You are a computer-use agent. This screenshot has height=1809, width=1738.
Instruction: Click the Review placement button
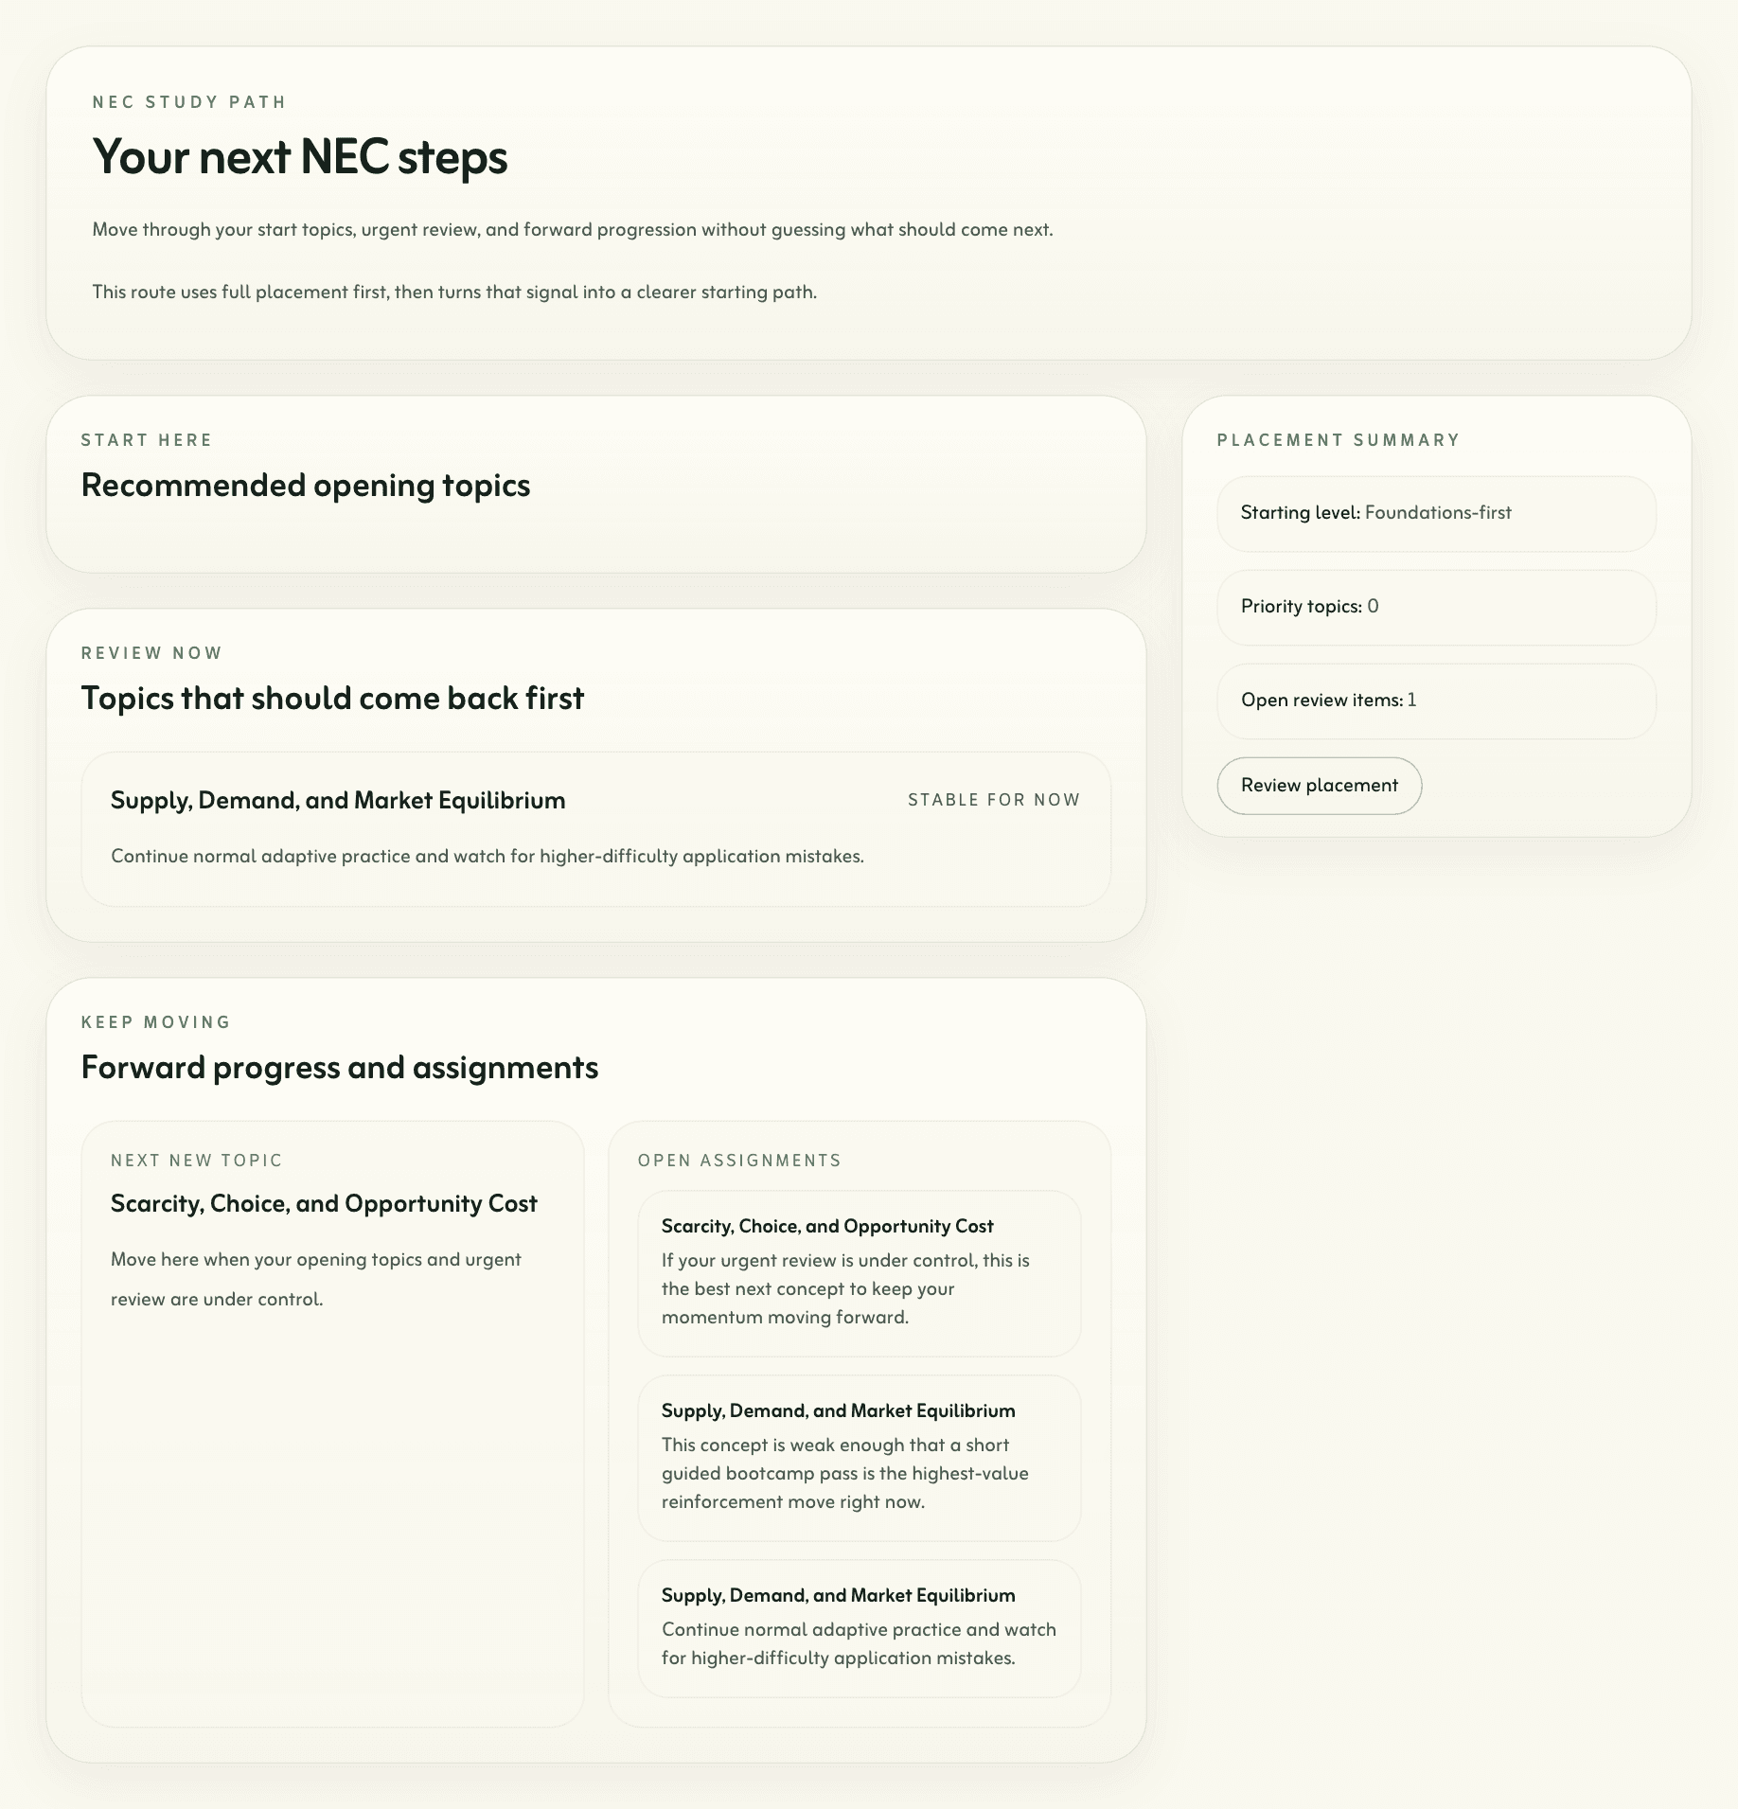1319,786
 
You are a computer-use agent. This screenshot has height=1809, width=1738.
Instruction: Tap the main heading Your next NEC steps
299,157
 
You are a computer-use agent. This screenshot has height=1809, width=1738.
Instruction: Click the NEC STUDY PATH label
189,102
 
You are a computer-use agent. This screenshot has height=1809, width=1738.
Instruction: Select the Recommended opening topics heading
305,486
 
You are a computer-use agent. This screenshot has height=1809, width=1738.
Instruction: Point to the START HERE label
147,440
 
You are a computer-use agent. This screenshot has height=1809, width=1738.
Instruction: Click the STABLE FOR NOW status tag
993,800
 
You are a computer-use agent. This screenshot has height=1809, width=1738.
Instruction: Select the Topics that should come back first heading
332,699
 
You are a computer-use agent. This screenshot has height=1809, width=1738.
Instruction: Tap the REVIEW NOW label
151,653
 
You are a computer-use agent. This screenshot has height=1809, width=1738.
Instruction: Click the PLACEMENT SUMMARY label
1338,440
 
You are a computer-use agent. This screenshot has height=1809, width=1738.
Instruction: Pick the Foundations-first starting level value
1437,513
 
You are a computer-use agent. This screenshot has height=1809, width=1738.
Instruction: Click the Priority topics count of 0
1373,607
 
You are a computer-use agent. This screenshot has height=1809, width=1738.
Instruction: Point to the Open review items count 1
1411,701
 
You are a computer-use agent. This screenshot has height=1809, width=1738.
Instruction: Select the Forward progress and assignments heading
339,1068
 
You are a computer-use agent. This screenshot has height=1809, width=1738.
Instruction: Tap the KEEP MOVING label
156,1022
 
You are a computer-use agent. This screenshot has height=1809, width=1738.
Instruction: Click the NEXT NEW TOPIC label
197,1161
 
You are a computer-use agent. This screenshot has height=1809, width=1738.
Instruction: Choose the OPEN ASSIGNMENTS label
739,1161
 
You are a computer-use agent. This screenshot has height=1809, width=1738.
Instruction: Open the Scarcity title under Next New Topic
324,1204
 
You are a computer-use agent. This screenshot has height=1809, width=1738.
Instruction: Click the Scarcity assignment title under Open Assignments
827,1227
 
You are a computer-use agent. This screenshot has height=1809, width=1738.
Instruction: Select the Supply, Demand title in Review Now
338,801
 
